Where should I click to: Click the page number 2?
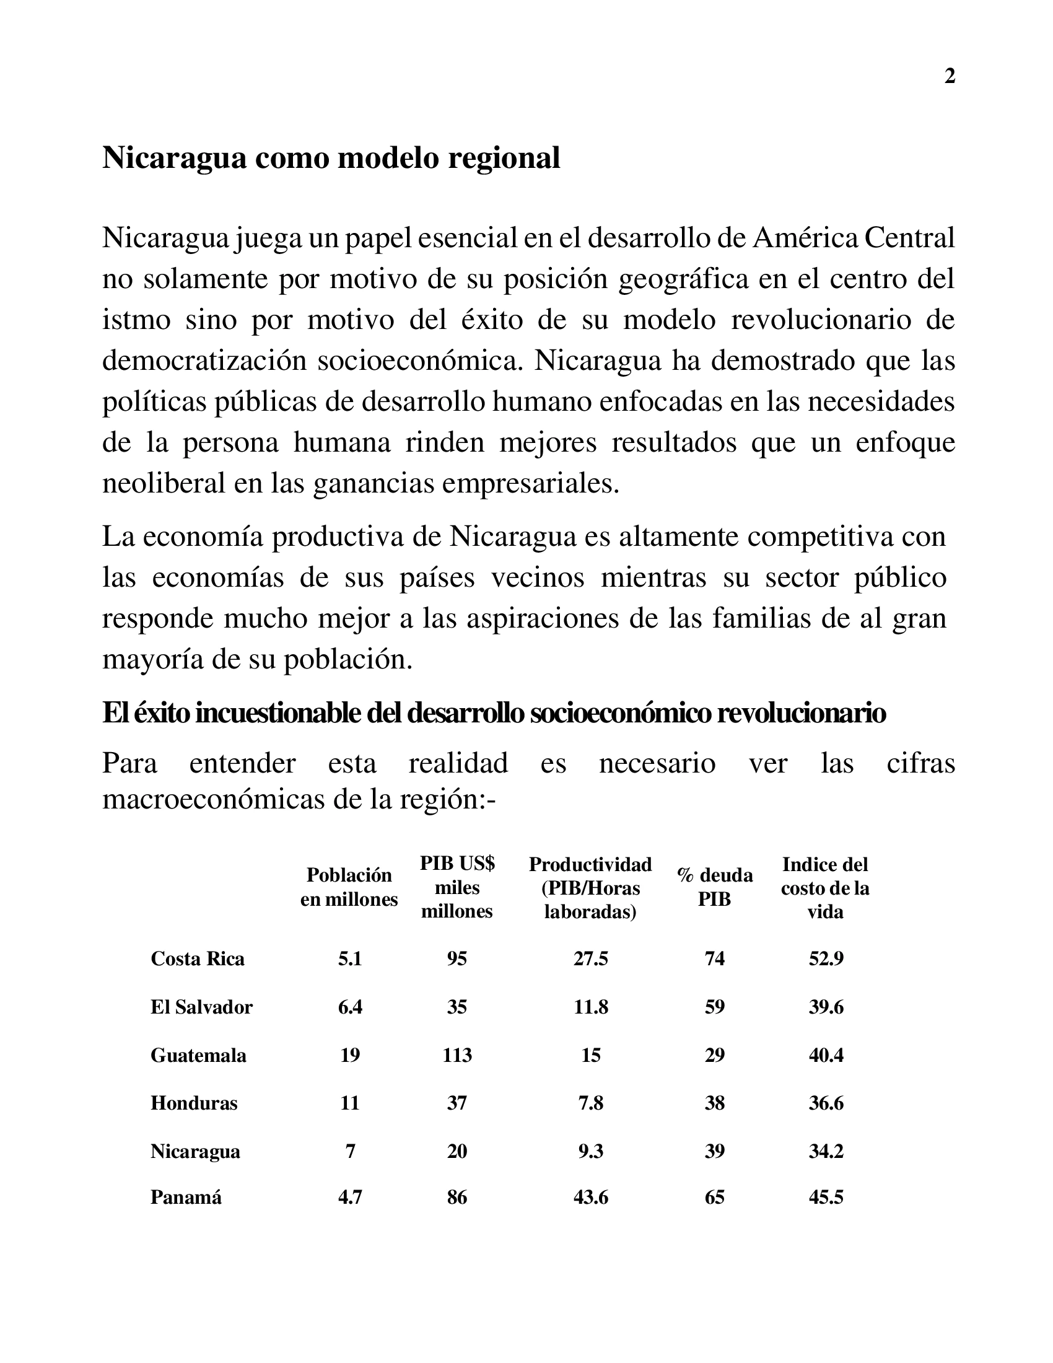click(950, 76)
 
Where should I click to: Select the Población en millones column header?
click(349, 887)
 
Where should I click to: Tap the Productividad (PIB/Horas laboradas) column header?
click(590, 887)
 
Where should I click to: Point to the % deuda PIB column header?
click(714, 887)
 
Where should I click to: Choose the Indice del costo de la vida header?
click(824, 887)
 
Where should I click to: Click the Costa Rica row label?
click(197, 958)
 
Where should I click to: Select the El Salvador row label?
click(201, 1007)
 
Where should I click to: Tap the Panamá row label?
click(186, 1197)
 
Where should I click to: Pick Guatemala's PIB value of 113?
click(457, 1054)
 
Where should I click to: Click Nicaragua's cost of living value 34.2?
click(826, 1151)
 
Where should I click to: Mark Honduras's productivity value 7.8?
click(590, 1103)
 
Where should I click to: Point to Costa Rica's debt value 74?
click(714, 958)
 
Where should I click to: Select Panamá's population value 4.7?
click(349, 1197)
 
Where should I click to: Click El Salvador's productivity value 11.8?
click(590, 1007)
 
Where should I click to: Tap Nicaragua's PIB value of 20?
click(457, 1151)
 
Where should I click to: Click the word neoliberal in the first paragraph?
click(164, 484)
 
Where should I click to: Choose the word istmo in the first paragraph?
click(136, 320)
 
